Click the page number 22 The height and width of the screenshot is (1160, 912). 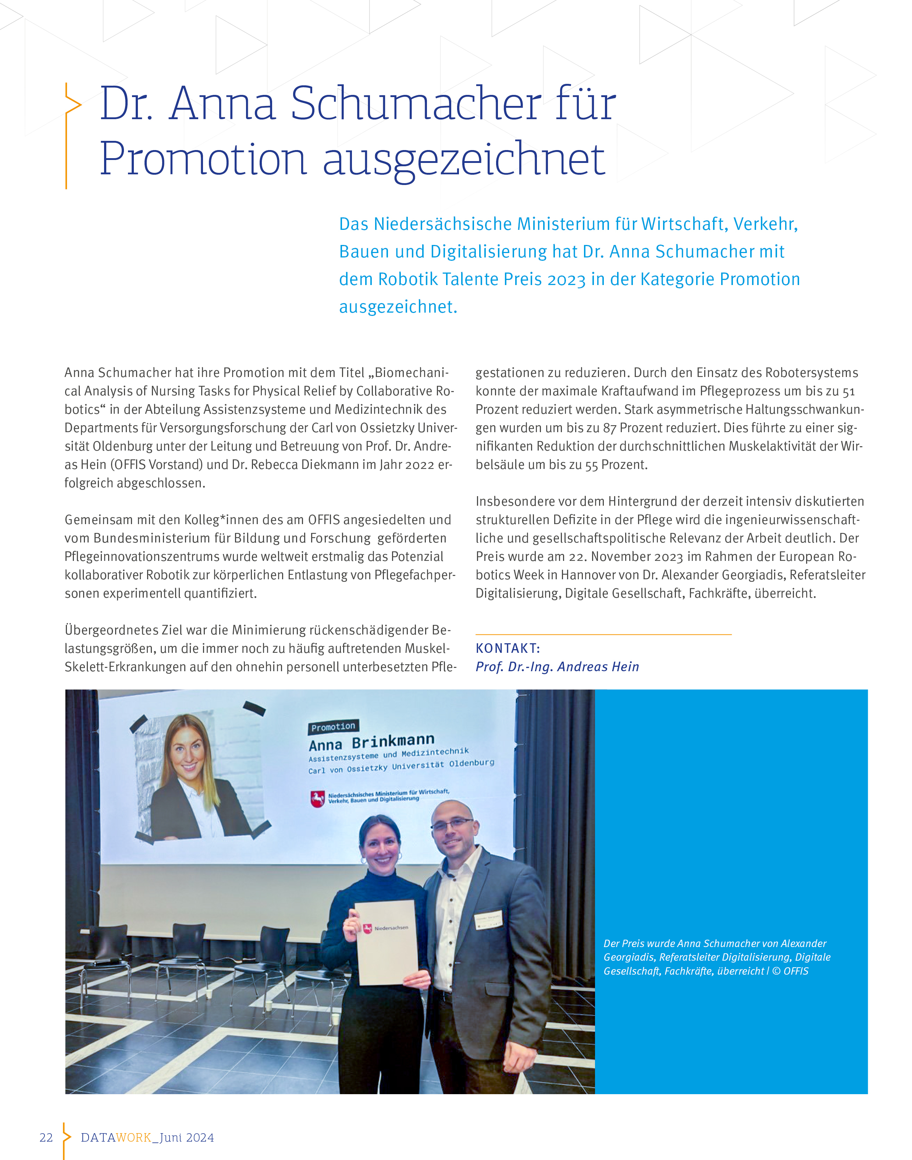[x=46, y=1138]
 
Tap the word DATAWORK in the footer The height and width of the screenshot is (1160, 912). [x=116, y=1138]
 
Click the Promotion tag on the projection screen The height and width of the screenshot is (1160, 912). [x=333, y=727]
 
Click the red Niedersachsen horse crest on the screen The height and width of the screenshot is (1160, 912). [x=318, y=799]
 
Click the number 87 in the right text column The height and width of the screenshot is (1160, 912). [x=610, y=428]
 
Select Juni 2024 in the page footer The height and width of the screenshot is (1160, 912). [x=187, y=1138]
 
